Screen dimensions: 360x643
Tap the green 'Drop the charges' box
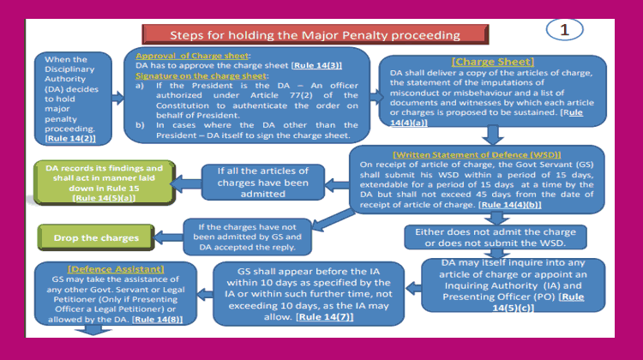pos(84,237)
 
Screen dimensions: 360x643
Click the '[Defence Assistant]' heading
pos(95,268)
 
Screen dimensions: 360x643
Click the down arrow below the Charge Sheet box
pos(492,134)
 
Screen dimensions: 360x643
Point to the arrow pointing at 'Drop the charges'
pos(166,237)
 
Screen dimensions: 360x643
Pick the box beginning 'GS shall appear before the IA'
pos(307,294)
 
